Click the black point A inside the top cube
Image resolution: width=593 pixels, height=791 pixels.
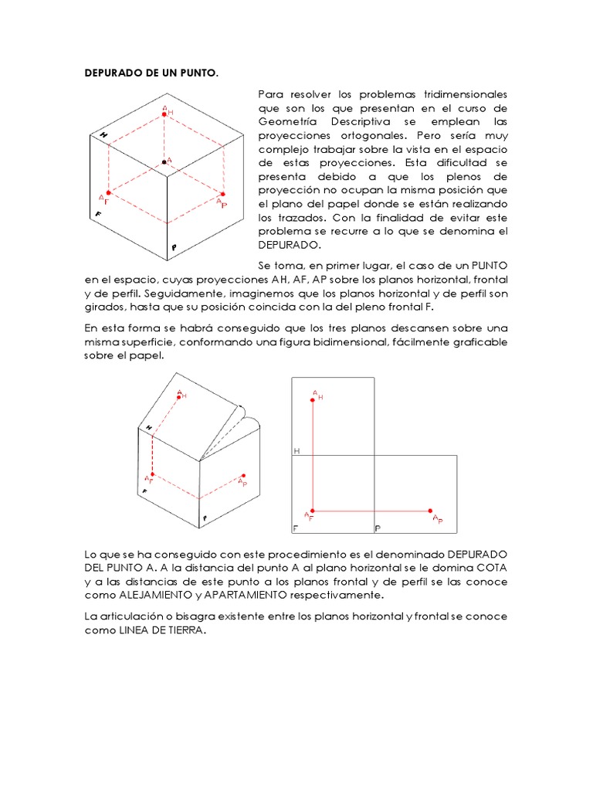[x=164, y=161]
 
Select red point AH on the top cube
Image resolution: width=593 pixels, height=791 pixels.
[x=164, y=114]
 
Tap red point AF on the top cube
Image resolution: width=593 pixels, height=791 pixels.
[x=109, y=192]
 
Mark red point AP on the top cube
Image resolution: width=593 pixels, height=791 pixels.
[x=222, y=194]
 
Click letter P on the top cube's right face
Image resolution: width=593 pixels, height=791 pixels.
[x=175, y=248]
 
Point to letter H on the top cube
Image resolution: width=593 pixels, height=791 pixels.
[x=103, y=134]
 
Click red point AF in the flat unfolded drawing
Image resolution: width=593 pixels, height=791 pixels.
[x=313, y=511]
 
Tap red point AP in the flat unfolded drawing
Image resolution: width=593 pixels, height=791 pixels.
[x=431, y=511]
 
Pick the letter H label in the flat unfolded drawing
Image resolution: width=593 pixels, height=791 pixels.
[x=296, y=450]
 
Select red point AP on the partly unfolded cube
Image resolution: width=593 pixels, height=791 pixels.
[x=244, y=476]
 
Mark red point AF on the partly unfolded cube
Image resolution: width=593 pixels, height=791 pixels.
[x=153, y=474]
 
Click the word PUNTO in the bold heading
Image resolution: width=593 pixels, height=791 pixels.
[x=198, y=74]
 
